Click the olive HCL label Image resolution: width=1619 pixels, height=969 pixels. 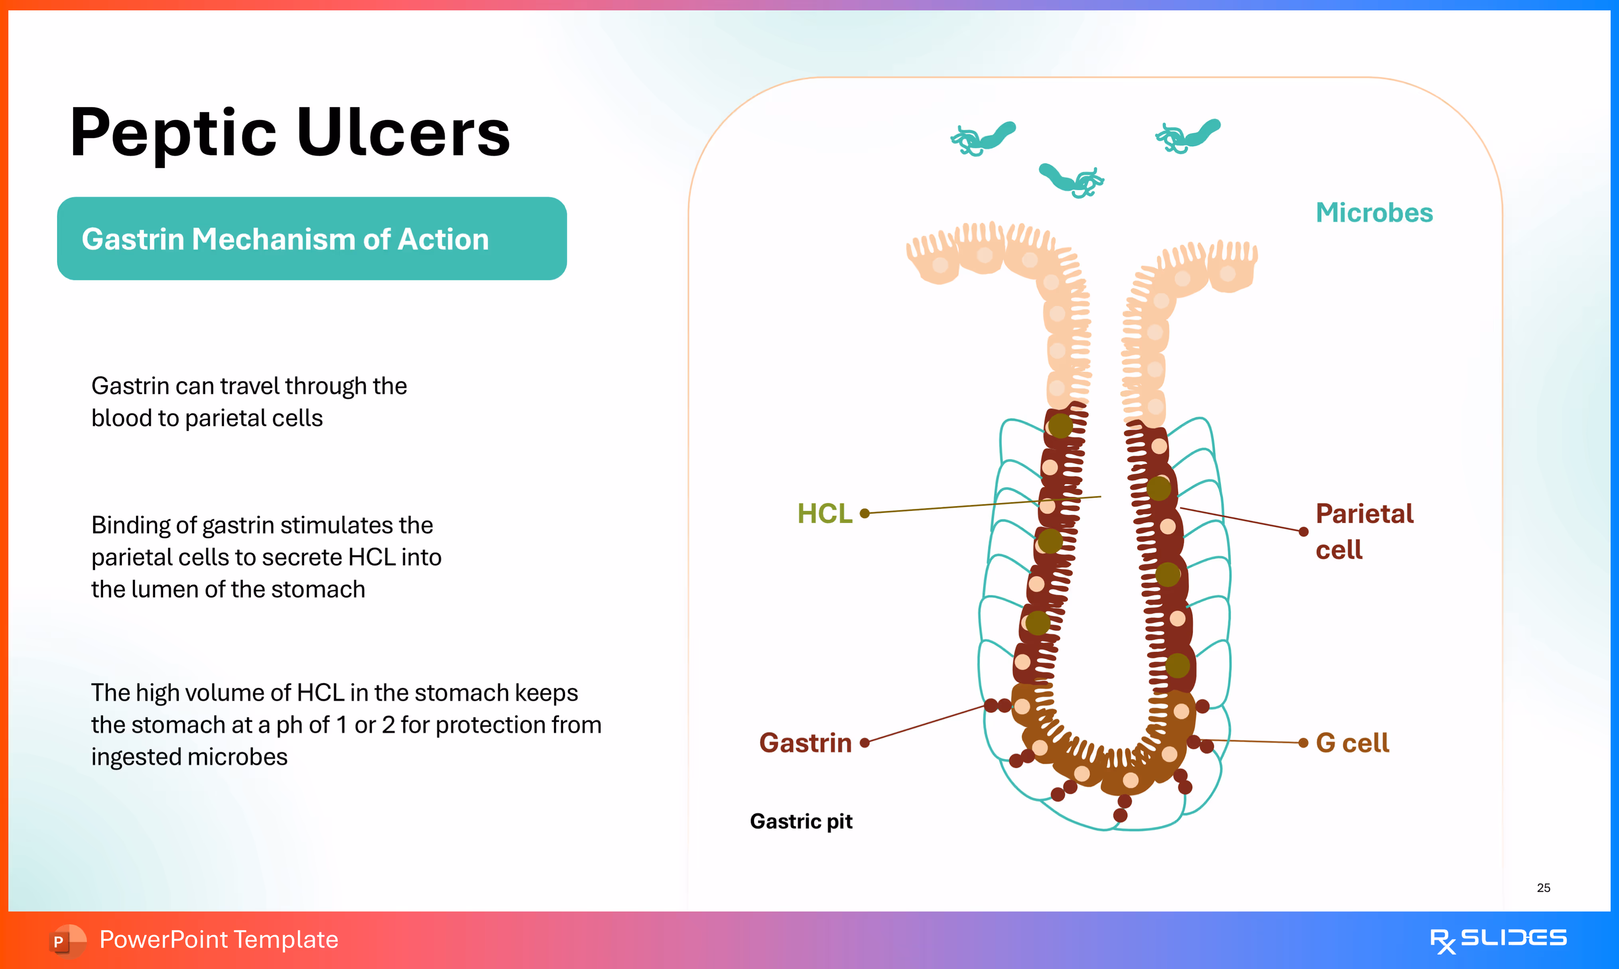(x=825, y=514)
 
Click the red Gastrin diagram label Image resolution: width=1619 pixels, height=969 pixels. (x=805, y=743)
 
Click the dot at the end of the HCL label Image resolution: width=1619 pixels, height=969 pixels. (x=865, y=514)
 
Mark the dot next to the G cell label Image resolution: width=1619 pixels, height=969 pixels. (x=1303, y=743)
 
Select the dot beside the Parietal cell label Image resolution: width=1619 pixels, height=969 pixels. (x=1303, y=532)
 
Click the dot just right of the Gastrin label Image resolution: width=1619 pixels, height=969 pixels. (x=865, y=743)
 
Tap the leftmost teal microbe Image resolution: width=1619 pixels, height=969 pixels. (x=983, y=138)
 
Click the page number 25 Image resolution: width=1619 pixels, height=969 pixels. (x=1543, y=888)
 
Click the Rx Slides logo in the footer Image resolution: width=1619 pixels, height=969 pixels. (x=1498, y=939)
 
